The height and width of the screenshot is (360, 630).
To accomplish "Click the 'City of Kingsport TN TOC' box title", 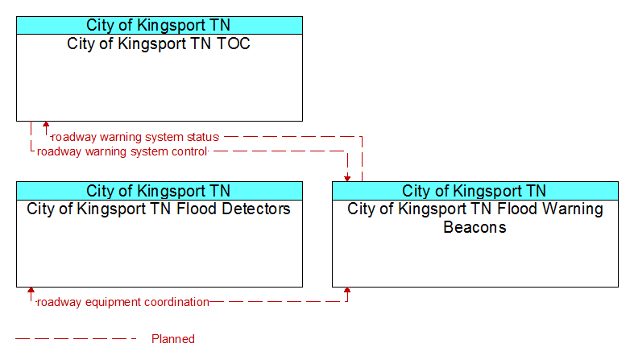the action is click(159, 43).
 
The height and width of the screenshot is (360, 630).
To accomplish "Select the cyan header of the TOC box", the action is click(160, 25).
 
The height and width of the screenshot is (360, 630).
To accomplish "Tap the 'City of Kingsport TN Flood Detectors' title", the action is click(159, 209).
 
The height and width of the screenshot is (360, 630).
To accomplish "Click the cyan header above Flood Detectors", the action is click(160, 191).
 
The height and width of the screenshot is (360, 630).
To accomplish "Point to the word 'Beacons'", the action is click(475, 227).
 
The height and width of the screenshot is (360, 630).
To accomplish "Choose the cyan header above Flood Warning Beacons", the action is click(475, 191).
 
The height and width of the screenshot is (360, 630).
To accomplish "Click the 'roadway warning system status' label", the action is click(135, 137).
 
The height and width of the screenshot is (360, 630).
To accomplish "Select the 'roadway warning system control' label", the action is click(122, 151).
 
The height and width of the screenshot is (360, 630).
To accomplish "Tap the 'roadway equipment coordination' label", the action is click(123, 302).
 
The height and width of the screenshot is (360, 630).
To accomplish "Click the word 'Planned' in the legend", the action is click(173, 339).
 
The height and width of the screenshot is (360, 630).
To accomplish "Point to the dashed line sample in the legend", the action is click(76, 339).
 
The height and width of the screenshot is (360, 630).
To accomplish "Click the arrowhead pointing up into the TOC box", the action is click(46, 125).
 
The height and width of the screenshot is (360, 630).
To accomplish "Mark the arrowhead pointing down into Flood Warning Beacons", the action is click(347, 179).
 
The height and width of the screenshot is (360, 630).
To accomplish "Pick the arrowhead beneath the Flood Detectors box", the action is click(31, 291).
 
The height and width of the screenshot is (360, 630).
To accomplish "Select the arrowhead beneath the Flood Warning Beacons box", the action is click(347, 291).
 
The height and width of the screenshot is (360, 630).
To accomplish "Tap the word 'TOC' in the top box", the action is click(234, 43).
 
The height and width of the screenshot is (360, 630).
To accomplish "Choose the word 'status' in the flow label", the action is click(202, 137).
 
